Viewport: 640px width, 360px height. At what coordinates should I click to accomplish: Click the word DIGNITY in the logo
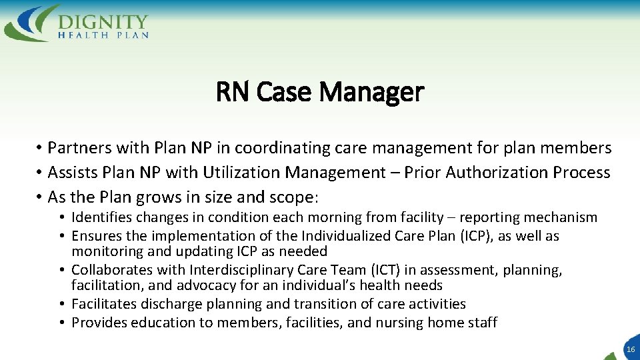coord(103,20)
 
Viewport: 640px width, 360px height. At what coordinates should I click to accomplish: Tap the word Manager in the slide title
coord(371,92)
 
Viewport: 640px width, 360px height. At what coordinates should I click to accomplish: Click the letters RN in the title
coord(232,92)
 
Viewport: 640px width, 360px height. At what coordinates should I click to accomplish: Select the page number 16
coord(631,349)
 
